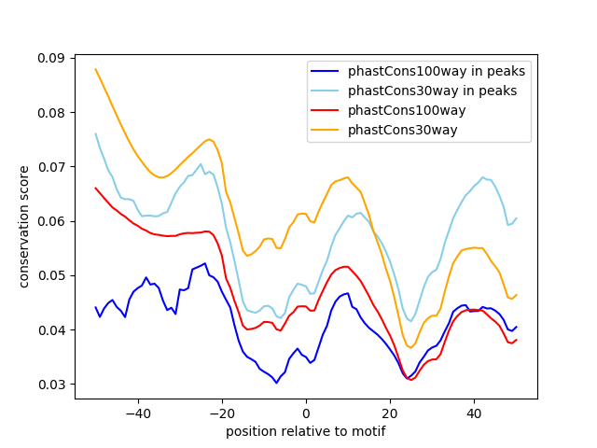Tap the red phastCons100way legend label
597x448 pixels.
pos(407,110)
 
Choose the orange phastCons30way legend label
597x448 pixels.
pos(403,130)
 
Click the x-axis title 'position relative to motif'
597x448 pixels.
pos(305,431)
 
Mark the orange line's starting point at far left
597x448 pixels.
pos(95,69)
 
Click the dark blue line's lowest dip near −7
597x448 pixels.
pos(276,383)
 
